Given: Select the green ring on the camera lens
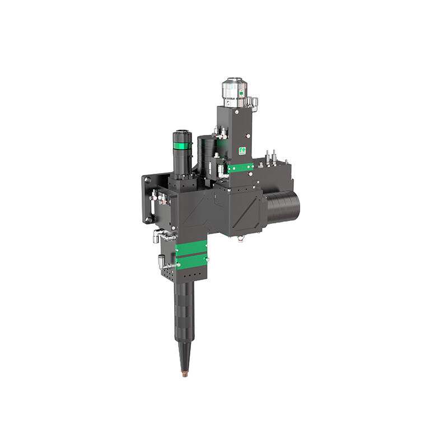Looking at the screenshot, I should (182, 146).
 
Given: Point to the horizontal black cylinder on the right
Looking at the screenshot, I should (284, 206).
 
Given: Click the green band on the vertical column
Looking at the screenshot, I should (240, 167).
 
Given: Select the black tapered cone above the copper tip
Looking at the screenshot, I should (184, 353).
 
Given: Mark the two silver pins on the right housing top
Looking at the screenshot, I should (271, 154).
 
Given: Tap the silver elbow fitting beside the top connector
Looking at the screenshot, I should (253, 102).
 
